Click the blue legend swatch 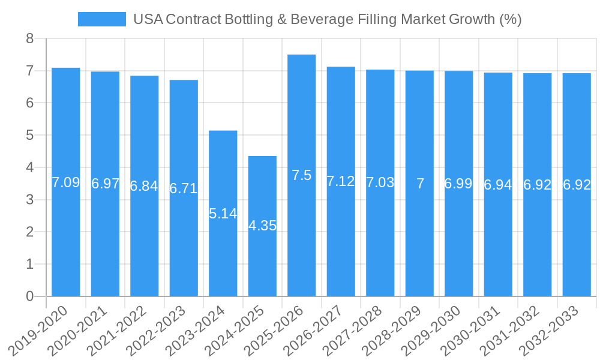click(x=101, y=19)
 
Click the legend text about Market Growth click(x=327, y=19)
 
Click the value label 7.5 click(x=301, y=175)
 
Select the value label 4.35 click(x=262, y=226)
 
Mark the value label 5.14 click(x=223, y=214)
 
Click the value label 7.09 click(x=66, y=182)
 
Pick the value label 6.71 click(x=184, y=188)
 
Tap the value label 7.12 click(x=341, y=181)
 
